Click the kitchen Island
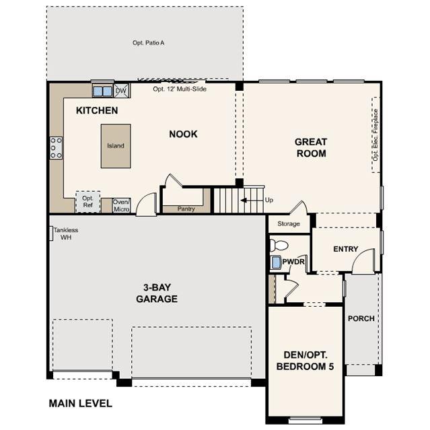click(116, 146)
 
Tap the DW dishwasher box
click(121, 90)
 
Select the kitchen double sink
click(102, 91)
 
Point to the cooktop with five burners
click(57, 148)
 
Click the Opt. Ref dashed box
click(87, 202)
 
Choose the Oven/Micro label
click(121, 205)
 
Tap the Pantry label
click(186, 209)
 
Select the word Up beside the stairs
click(269, 200)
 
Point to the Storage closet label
click(289, 224)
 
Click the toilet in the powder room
click(279, 245)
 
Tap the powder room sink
click(276, 262)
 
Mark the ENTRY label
click(345, 249)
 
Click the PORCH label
click(361, 318)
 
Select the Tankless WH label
click(66, 234)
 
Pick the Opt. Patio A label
click(148, 43)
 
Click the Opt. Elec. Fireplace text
click(375, 135)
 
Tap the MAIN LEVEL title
click(80, 403)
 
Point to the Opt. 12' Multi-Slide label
click(180, 89)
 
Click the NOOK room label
click(183, 134)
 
